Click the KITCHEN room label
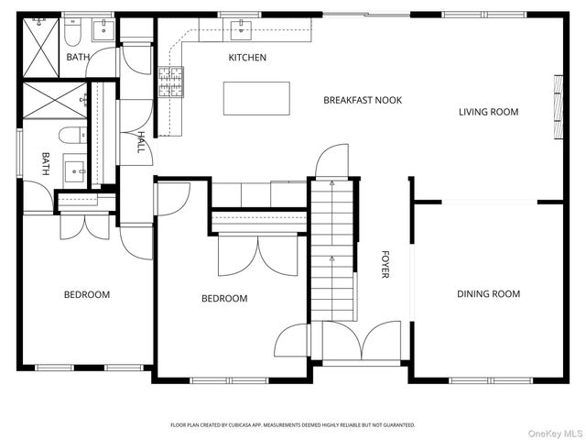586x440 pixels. point(247,58)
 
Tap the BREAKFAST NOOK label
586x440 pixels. point(363,100)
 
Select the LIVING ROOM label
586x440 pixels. point(488,112)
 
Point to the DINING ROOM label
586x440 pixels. point(488,294)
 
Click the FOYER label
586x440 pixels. point(385,265)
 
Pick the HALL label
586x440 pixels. point(140,142)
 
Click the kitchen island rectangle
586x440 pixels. point(256,98)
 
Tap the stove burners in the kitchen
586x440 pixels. point(171,82)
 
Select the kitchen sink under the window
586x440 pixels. point(241,30)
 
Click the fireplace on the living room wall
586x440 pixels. point(559,107)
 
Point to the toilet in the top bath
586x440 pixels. point(72,31)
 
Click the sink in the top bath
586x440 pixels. point(103,30)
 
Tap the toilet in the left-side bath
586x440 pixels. point(72,135)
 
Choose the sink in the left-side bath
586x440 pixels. point(75,171)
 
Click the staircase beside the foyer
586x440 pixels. point(332,250)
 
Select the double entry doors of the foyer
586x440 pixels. point(362,340)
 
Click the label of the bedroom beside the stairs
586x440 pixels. point(224,299)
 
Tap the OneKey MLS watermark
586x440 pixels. point(555,434)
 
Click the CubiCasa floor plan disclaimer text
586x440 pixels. point(293,425)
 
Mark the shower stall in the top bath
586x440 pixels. point(41,48)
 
